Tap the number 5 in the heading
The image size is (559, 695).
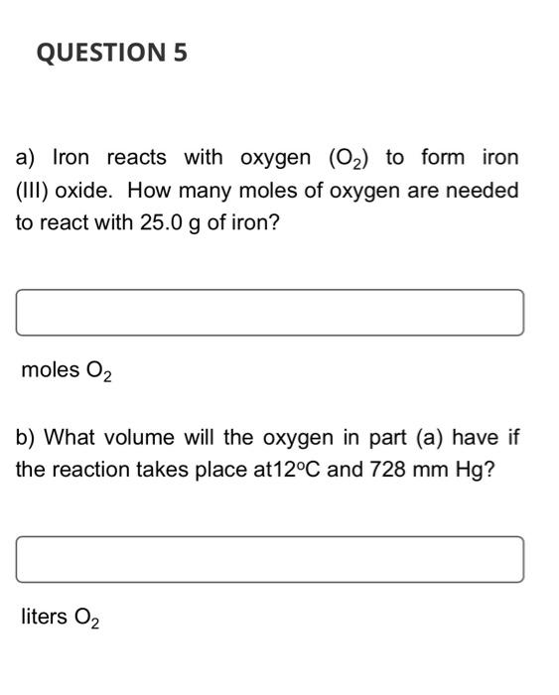(x=180, y=54)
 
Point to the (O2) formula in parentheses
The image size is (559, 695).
(x=347, y=159)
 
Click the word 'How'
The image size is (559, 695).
(x=148, y=190)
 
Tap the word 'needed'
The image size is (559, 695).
(x=483, y=190)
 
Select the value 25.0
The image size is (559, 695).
(x=161, y=221)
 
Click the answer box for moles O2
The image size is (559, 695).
(x=269, y=313)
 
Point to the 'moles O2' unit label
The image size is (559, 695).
(x=67, y=371)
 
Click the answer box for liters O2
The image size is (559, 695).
(x=269, y=559)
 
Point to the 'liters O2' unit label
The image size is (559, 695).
(x=60, y=618)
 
